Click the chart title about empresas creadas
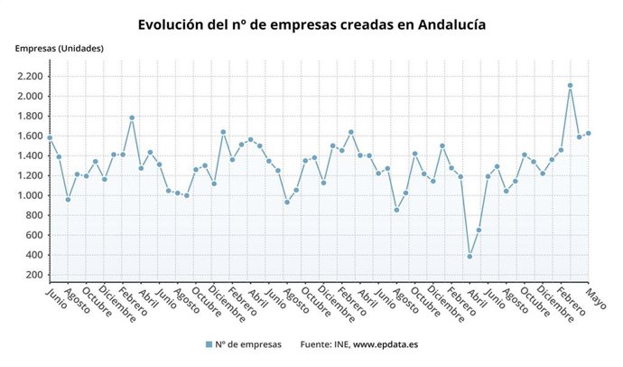(311, 24)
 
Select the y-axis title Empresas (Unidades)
(59, 48)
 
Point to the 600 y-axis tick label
(33, 236)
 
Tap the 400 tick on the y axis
(33, 256)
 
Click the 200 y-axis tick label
(33, 276)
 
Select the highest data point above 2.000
(570, 86)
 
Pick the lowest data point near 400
(470, 257)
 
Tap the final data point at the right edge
(589, 133)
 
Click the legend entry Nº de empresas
(244, 344)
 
